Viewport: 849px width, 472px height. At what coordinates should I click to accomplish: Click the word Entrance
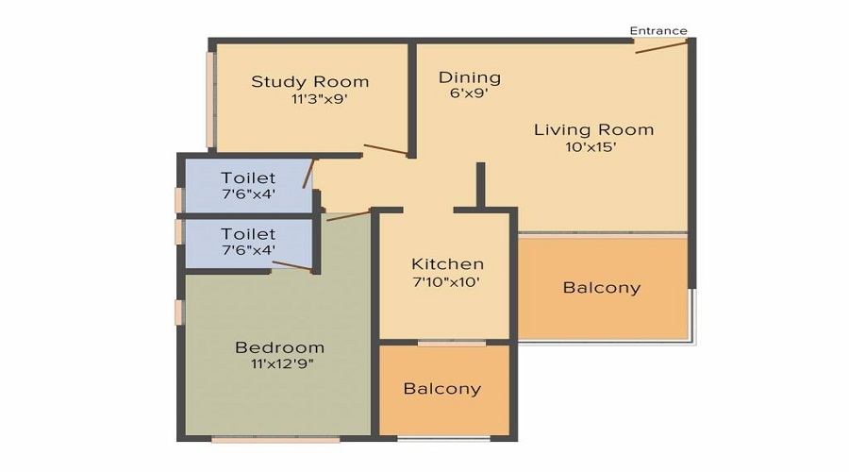[658, 30]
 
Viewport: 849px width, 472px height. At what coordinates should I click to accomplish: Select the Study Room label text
[309, 81]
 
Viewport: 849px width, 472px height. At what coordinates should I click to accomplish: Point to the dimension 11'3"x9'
[320, 99]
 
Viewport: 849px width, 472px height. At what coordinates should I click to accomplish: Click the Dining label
[470, 77]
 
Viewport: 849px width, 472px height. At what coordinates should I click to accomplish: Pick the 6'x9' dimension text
[468, 93]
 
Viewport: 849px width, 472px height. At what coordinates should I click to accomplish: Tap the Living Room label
[593, 129]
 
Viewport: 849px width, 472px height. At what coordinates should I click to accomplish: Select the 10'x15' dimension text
[591, 147]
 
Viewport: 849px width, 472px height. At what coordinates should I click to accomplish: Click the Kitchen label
[447, 264]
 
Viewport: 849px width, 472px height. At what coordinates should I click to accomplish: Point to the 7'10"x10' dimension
[447, 281]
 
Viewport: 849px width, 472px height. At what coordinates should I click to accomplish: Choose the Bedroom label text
[279, 347]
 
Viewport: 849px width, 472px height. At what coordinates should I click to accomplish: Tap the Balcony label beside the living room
[601, 288]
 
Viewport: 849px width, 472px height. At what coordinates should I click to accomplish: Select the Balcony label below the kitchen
[441, 388]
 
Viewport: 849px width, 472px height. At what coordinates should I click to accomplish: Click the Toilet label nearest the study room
[248, 177]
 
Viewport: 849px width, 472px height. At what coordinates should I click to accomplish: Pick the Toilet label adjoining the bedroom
[248, 233]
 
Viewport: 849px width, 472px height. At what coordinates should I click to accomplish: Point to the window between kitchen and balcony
[445, 343]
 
